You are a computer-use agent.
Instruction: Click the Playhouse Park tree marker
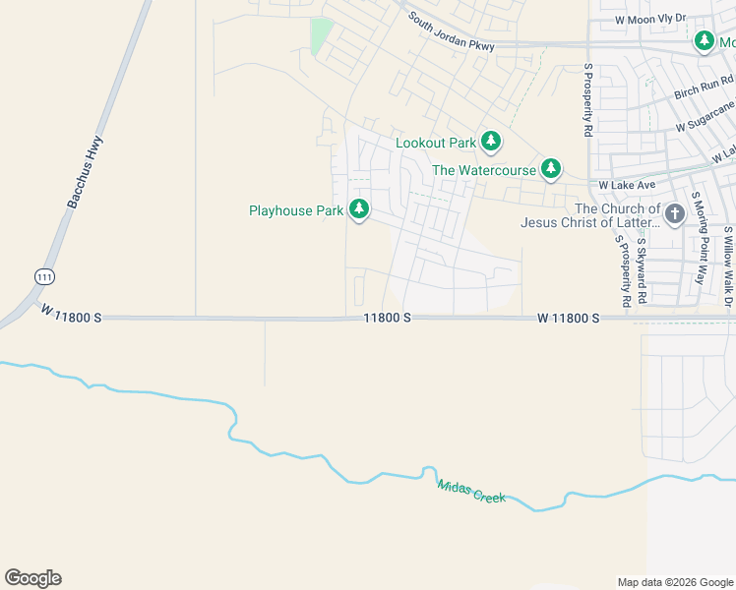pos(360,209)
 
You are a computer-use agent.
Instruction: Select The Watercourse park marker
pos(551,169)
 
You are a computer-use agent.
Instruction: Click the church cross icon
pos(675,214)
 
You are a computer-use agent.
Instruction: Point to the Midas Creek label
pos(471,492)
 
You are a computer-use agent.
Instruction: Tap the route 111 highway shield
pos(43,276)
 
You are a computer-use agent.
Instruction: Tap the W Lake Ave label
pos(627,185)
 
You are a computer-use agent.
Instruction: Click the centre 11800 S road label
pos(386,319)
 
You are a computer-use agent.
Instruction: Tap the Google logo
pos(32,578)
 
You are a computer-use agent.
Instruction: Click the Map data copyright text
pos(674,582)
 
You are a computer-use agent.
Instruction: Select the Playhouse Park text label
pos(296,210)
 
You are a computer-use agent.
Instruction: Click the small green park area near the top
pos(322,36)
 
